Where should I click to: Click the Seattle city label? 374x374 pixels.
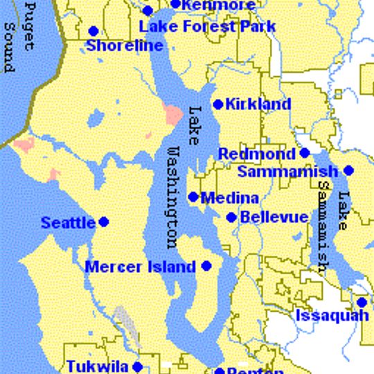(68, 223)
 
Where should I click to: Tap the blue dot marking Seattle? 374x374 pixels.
(104, 222)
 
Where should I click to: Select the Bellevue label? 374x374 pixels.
(274, 217)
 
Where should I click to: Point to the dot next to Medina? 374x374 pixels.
(193, 197)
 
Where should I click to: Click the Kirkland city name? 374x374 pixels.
(258, 105)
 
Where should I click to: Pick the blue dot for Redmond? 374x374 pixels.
(304, 153)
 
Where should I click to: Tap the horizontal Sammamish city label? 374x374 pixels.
(287, 171)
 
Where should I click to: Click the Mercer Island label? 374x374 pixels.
(140, 267)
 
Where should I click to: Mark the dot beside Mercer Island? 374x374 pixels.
(206, 265)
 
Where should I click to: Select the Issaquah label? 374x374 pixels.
(332, 316)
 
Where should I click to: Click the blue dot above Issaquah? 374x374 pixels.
(362, 302)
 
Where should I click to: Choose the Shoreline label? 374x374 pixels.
(125, 46)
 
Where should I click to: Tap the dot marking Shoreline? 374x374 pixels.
(93, 31)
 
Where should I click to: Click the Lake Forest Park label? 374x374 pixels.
(208, 27)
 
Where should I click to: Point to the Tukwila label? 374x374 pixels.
(97, 366)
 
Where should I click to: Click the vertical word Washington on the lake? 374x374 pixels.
(174, 197)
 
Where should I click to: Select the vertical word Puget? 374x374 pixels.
(29, 28)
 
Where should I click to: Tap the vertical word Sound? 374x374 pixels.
(9, 47)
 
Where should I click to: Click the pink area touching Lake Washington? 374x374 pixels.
(171, 113)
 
